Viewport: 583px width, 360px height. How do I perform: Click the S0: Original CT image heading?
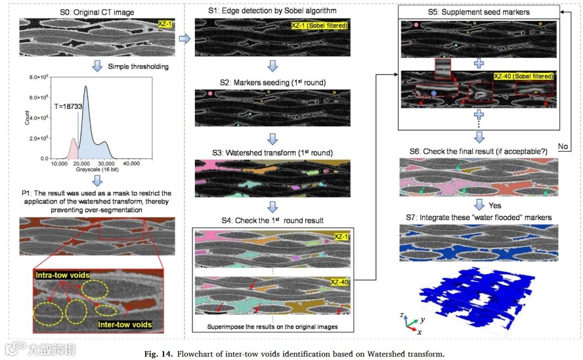click(97, 12)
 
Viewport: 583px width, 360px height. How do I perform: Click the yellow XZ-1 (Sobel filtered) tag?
click(319, 25)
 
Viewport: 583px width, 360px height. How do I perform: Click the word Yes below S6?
click(495, 205)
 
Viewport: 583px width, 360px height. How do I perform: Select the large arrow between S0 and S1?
click(184, 38)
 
